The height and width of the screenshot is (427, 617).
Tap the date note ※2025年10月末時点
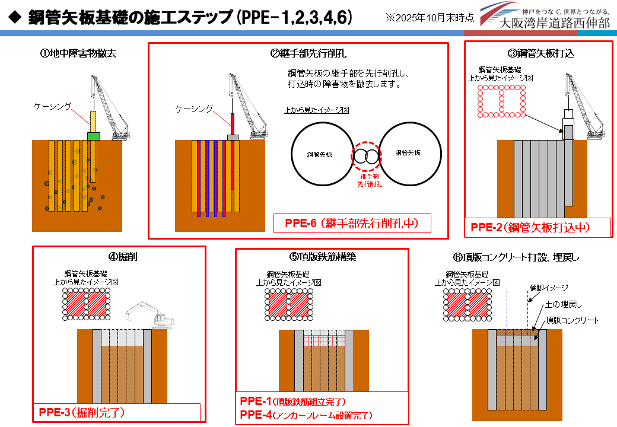pos(429,18)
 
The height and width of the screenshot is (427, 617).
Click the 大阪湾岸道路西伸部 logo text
pos(555,23)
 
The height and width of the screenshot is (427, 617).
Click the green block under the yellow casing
pos(93,136)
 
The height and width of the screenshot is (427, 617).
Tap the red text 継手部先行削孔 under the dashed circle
pos(369,181)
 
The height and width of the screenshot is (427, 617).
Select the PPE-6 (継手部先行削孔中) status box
pos(352,224)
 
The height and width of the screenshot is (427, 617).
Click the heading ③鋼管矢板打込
pos(540,53)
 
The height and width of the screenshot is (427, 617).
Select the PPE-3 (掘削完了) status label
pos(82,412)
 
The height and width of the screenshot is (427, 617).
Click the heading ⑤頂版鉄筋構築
pos(323,257)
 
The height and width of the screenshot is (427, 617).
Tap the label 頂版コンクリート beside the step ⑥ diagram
pos(572,320)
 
